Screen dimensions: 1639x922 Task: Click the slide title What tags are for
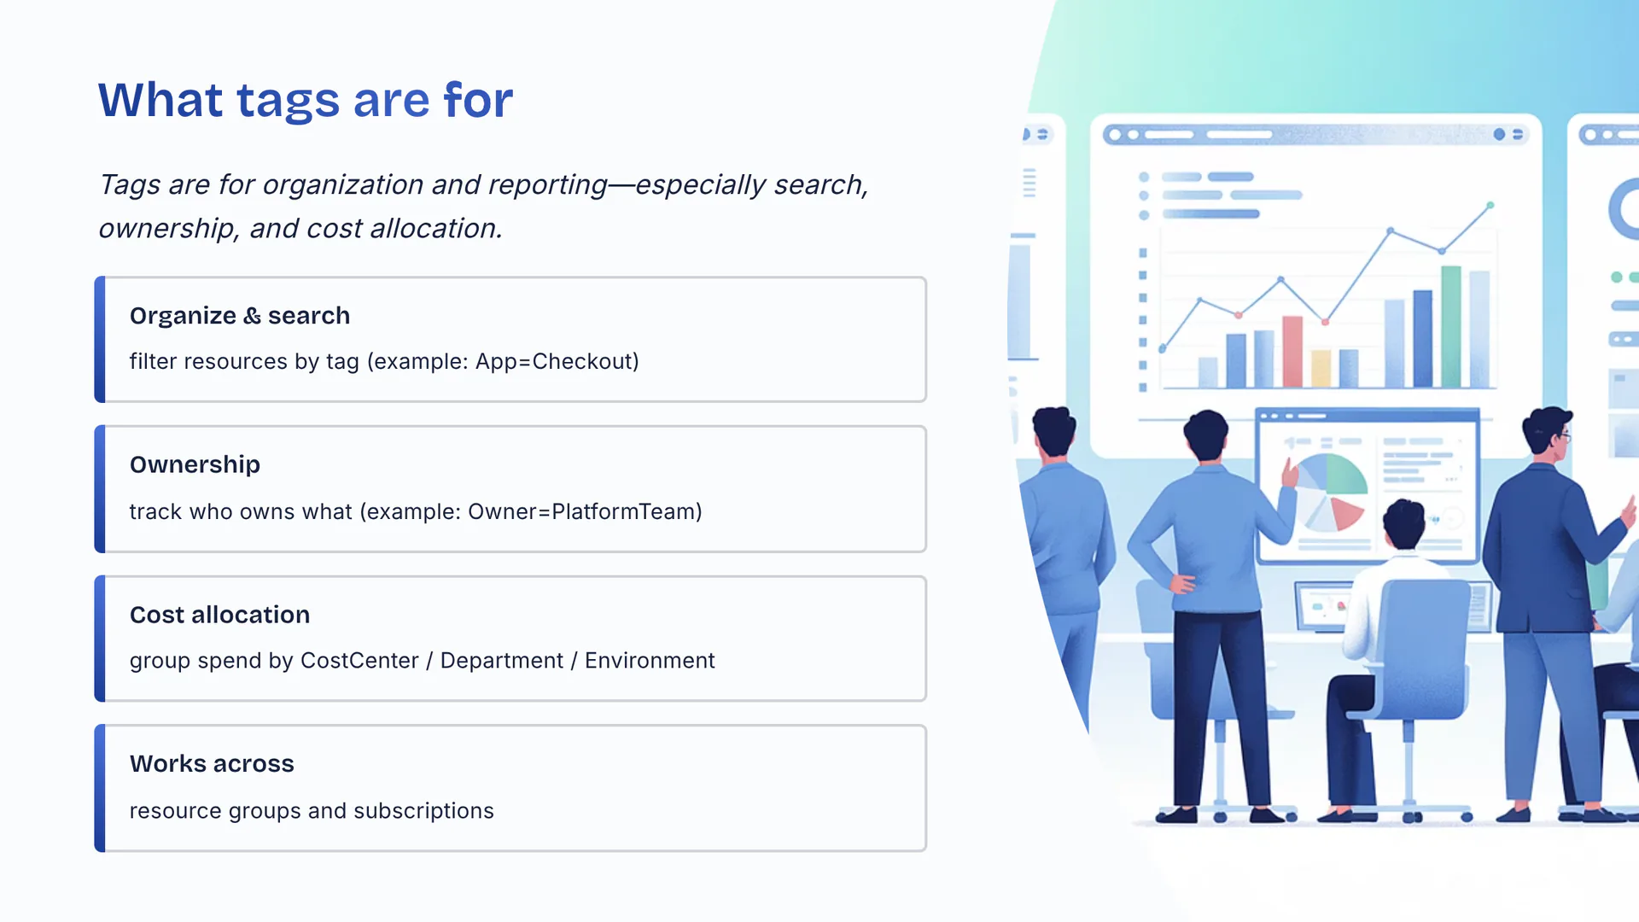(306, 101)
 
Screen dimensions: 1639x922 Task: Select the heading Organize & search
(240, 316)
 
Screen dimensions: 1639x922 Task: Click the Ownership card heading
(195, 464)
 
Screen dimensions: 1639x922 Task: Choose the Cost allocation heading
(219, 615)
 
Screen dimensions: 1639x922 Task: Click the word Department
(502, 661)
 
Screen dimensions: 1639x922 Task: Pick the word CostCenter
(359, 661)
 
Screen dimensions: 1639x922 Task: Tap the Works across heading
(212, 764)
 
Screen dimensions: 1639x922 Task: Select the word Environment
(650, 661)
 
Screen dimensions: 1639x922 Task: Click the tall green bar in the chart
(1451, 327)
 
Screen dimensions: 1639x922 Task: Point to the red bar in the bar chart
(1292, 352)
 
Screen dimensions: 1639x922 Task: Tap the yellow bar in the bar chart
(1321, 369)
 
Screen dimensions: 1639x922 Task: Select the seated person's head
(1404, 523)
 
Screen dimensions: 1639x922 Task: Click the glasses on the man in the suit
(1563, 436)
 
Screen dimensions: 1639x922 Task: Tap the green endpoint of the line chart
(1490, 206)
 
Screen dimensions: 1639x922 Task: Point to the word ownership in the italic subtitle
(167, 229)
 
